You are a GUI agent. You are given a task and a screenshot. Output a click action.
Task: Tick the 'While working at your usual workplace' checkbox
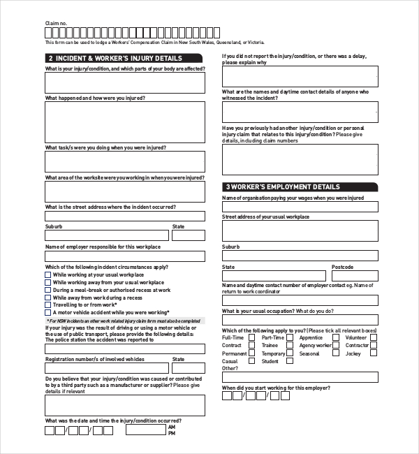click(x=48, y=275)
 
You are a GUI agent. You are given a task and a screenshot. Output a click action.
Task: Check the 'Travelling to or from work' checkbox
click(x=48, y=305)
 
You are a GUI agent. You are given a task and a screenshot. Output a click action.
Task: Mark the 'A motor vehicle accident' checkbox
click(x=48, y=313)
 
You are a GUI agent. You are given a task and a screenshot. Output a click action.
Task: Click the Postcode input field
click(x=355, y=276)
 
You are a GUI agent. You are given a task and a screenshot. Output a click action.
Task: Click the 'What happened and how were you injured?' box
click(x=125, y=122)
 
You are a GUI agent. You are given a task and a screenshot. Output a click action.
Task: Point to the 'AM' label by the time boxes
click(x=172, y=427)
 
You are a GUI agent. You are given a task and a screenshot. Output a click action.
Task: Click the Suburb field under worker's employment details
click(x=300, y=256)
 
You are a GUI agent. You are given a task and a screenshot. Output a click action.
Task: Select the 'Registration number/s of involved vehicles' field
click(x=107, y=368)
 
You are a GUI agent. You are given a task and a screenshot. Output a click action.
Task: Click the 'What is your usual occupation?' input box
click(x=300, y=320)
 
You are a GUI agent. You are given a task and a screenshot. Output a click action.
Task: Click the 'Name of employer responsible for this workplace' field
click(x=125, y=256)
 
